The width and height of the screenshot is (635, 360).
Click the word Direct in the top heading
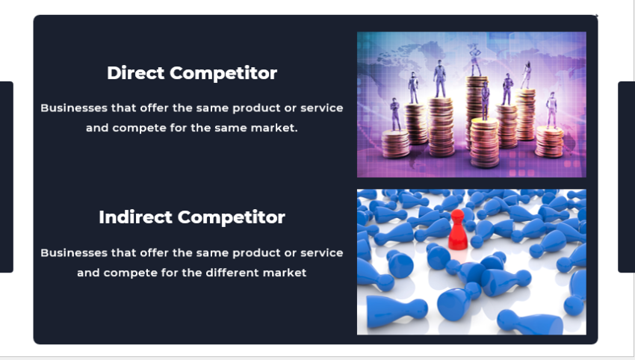pos(136,73)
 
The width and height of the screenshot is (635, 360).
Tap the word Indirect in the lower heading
pos(135,217)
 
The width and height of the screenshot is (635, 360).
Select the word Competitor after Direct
pos(223,73)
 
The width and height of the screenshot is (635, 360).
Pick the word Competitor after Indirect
pos(232,217)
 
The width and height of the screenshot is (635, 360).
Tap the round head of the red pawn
pos(456,215)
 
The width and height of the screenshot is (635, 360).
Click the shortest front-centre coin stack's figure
pos(485,101)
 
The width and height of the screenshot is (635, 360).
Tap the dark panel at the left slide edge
pos(6,177)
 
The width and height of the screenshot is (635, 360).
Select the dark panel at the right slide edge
pos(626,177)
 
